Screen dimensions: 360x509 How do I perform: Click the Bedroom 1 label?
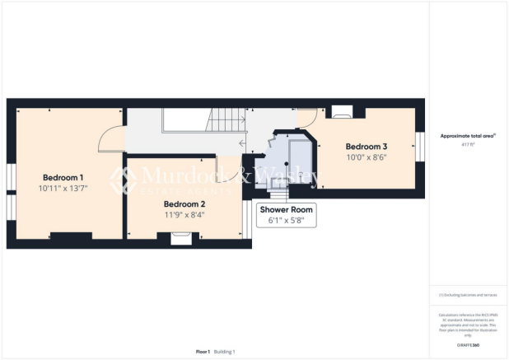[63, 177]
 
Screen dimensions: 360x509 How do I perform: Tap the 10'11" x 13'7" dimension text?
[63, 188]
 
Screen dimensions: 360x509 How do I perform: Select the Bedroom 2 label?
[184, 204]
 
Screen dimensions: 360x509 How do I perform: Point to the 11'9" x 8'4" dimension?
[184, 215]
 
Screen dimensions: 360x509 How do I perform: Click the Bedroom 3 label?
[366, 147]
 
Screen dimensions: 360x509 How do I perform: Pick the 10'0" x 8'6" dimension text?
[366, 157]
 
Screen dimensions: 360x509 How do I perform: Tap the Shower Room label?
[285, 209]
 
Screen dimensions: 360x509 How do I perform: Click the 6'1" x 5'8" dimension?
[285, 220]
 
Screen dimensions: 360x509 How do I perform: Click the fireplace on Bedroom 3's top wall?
[343, 110]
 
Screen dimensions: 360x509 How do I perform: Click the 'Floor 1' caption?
[203, 352]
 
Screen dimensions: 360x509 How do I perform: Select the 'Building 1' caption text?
[225, 352]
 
